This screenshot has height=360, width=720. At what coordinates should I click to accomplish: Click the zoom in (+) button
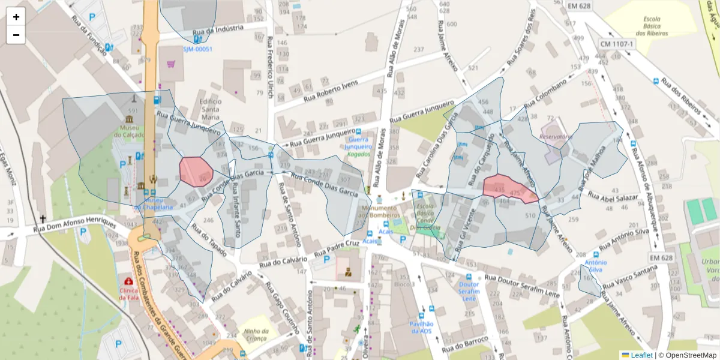coord(16,17)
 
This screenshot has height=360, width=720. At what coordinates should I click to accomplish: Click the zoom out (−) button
coord(16,35)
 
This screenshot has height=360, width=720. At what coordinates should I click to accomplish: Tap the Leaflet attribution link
coord(641,355)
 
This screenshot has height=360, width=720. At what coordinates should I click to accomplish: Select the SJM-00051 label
coord(197,49)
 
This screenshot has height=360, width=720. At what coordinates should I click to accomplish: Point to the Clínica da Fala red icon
coord(128,281)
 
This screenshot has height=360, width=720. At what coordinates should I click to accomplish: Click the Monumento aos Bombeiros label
coord(379,211)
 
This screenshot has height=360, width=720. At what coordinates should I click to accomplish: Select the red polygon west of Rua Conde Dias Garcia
coord(196,172)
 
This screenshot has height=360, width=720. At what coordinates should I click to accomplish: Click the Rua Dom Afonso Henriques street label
coord(74,224)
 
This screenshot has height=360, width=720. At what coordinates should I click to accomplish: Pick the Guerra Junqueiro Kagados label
coord(359,146)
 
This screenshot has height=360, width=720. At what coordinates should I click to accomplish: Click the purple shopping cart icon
coord(171,63)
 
